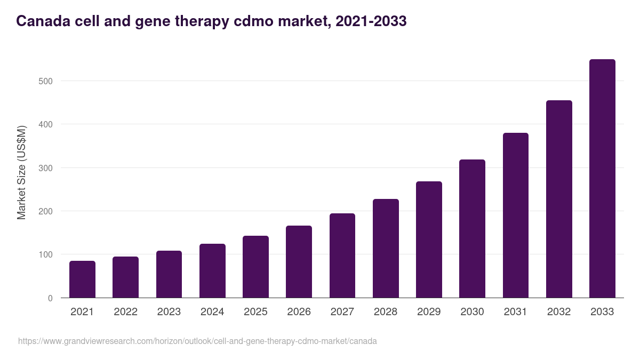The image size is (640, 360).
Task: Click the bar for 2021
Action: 82,279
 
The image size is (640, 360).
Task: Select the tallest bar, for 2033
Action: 602,179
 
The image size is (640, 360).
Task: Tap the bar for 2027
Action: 342,255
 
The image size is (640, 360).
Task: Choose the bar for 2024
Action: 212,270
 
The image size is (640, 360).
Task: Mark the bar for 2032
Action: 559,199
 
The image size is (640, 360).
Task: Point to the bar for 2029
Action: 429,239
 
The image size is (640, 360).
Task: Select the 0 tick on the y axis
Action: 50,298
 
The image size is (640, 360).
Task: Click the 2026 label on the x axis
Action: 299,312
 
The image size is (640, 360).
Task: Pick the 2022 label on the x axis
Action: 125,312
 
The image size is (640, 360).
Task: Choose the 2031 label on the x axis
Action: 516,312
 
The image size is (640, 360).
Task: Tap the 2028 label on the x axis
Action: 386,312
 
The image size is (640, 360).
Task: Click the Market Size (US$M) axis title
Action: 21,172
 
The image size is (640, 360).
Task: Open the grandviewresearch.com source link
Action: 197,341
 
